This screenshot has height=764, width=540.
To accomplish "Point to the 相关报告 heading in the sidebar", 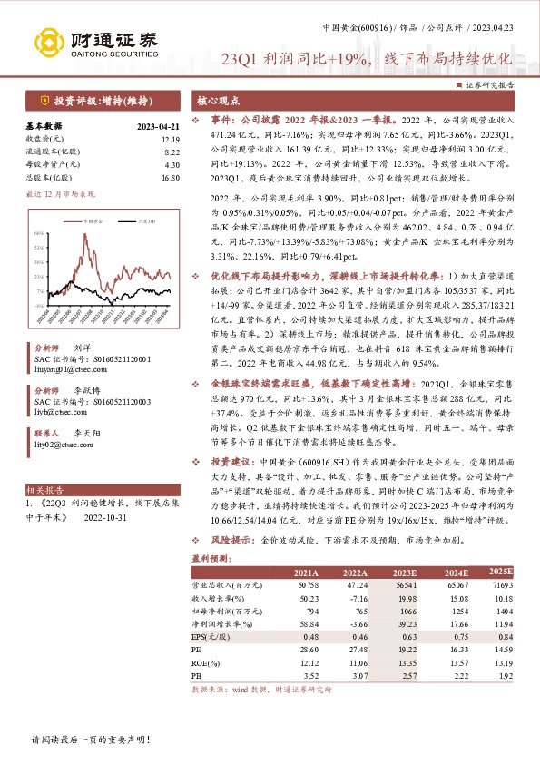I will click(x=43, y=488).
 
